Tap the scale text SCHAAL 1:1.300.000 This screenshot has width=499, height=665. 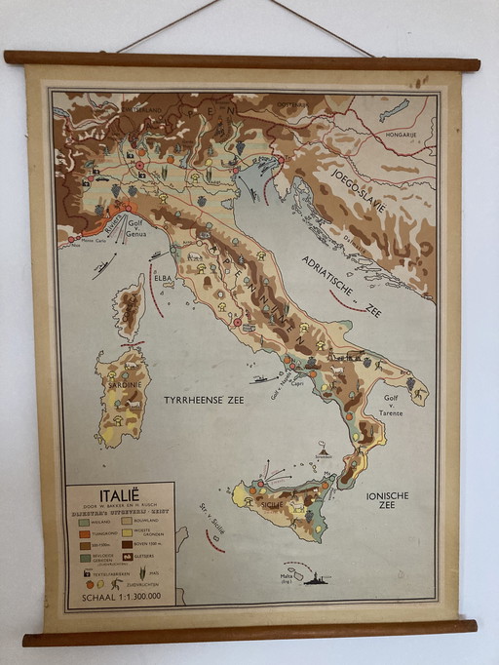pos(121,597)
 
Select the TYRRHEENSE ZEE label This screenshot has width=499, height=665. pos(204,401)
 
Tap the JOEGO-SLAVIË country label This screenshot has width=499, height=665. pos(358,191)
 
